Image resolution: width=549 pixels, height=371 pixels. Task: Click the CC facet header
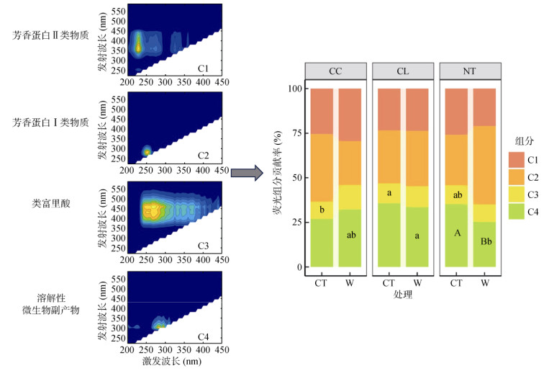point(335,71)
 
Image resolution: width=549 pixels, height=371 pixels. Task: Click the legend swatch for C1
point(517,159)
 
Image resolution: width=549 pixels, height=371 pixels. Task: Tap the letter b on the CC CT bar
point(322,210)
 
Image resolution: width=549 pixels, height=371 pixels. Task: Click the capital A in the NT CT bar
point(457,233)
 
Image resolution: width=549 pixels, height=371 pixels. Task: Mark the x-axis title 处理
point(403,295)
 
